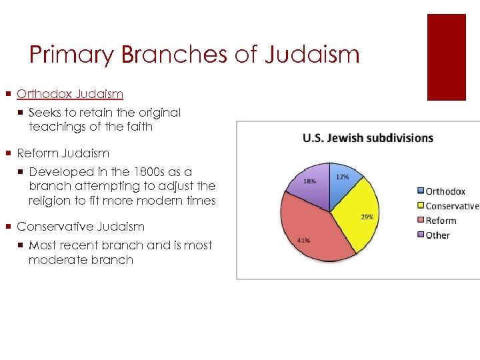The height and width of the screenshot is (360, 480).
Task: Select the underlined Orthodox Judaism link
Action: (70, 95)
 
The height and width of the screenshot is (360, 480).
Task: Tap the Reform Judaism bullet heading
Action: (63, 153)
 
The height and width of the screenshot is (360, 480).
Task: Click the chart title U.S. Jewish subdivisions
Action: (367, 139)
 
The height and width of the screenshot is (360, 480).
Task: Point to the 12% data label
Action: (342, 177)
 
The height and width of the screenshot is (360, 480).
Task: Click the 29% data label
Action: (367, 217)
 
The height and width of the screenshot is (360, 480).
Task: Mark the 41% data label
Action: (303, 241)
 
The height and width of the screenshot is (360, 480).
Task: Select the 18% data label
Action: (310, 181)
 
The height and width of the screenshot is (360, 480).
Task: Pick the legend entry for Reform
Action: (441, 221)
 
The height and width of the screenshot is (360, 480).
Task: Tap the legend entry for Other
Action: (437, 235)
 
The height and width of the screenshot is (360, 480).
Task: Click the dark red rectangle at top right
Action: (446, 57)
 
